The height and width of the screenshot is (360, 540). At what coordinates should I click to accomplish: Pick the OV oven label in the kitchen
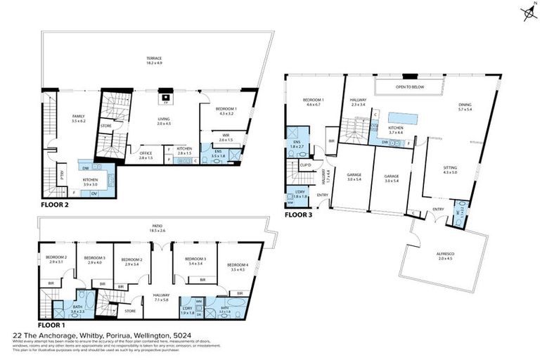(94, 193)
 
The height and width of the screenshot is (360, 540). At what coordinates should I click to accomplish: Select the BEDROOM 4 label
(233, 266)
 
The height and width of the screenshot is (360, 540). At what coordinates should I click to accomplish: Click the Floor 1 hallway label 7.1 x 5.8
(162, 297)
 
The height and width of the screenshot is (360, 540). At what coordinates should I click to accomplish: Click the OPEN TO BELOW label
(409, 87)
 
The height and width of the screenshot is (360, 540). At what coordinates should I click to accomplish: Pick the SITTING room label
(450, 169)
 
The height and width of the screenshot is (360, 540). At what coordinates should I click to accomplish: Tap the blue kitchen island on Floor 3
(404, 117)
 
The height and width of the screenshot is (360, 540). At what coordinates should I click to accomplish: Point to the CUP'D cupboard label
(305, 165)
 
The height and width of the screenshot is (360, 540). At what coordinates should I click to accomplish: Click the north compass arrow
(527, 13)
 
